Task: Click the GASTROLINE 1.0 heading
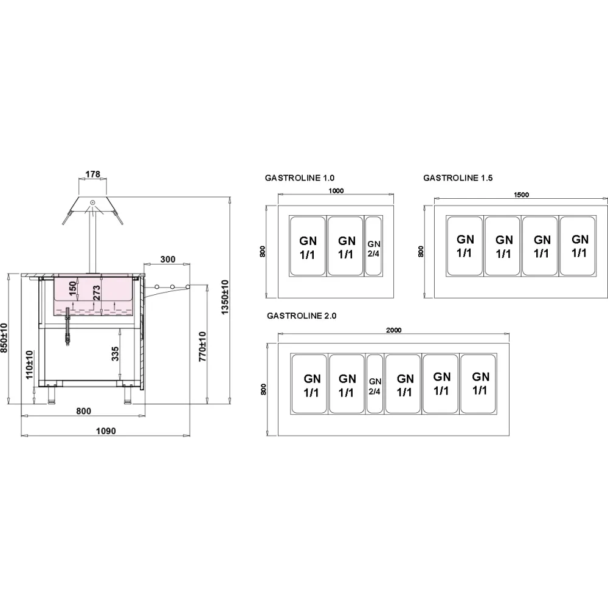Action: [300, 178]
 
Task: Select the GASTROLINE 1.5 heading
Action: [458, 178]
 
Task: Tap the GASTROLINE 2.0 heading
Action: [302, 316]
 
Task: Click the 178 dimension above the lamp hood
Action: [92, 174]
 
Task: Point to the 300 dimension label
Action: [167, 259]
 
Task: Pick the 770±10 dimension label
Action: [203, 346]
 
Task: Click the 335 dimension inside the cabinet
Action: [116, 350]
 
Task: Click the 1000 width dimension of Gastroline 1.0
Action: [336, 191]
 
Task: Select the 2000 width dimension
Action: [393, 330]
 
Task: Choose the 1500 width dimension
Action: [521, 195]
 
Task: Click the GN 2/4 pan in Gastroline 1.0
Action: [373, 247]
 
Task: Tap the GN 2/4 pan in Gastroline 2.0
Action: [375, 385]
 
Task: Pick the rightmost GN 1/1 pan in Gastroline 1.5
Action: [579, 245]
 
